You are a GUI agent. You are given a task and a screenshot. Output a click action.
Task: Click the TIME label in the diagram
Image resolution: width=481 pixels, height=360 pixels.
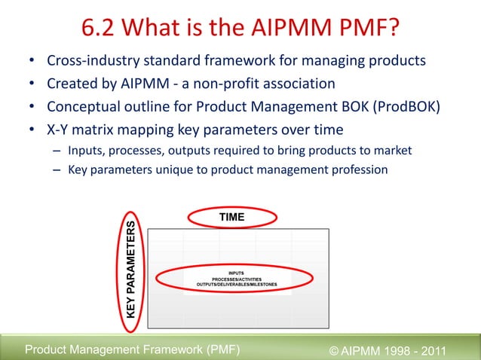coord(231,217)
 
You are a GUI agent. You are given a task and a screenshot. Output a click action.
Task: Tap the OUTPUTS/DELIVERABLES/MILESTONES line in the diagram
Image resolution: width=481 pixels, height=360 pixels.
coord(236,285)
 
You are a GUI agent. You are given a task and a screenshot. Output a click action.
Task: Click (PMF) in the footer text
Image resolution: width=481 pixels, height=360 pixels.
coord(219,348)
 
